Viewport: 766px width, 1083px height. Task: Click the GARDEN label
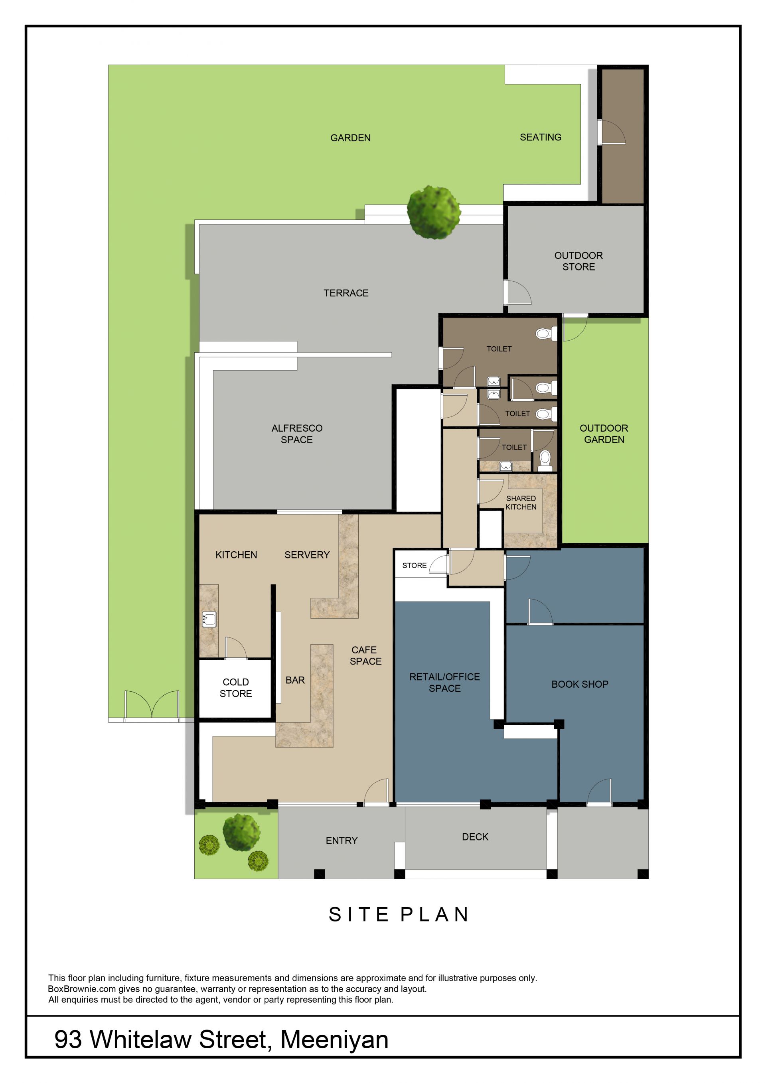[350, 138]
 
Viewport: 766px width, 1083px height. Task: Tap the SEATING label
[541, 137]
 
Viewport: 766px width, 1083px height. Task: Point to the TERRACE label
[346, 293]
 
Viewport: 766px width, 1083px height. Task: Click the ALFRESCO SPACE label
[297, 434]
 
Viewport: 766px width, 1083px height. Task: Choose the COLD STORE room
[235, 688]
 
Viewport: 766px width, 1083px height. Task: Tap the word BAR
[295, 680]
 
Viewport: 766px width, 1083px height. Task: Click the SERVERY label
[307, 555]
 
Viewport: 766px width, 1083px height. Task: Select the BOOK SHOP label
[580, 684]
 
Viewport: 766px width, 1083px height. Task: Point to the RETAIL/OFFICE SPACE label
[444, 683]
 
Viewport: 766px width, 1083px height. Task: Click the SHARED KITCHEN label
[521, 502]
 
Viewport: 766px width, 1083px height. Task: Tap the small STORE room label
[414, 565]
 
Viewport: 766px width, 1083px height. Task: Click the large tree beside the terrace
[434, 212]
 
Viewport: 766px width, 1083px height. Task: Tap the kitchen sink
[209, 619]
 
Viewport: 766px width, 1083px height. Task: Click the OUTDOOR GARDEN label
[604, 434]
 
